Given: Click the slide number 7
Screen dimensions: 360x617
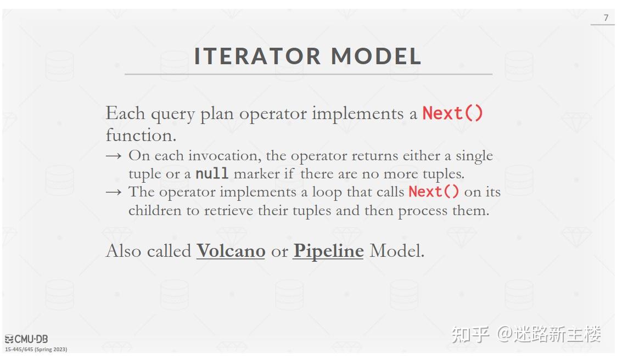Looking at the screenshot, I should [x=606, y=18].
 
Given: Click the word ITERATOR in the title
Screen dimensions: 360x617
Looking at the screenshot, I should [x=257, y=56].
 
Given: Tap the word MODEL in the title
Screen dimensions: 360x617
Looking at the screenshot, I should [x=376, y=56].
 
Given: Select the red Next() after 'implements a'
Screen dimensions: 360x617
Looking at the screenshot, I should [x=453, y=114].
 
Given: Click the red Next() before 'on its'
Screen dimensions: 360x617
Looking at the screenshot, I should [x=434, y=192].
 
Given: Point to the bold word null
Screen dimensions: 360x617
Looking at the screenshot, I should [x=212, y=173].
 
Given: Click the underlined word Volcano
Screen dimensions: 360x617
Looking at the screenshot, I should [x=231, y=251].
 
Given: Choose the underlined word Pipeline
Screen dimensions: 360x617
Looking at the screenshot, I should [x=328, y=251].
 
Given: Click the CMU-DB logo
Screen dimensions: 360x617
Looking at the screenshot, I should [x=26, y=339].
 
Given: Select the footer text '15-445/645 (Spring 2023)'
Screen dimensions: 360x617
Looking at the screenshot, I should [x=36, y=349].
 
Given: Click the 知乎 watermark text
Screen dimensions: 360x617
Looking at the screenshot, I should [x=470, y=334].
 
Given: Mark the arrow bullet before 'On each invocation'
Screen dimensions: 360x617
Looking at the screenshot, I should [x=113, y=156].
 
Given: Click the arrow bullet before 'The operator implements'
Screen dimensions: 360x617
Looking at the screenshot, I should [x=113, y=192].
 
